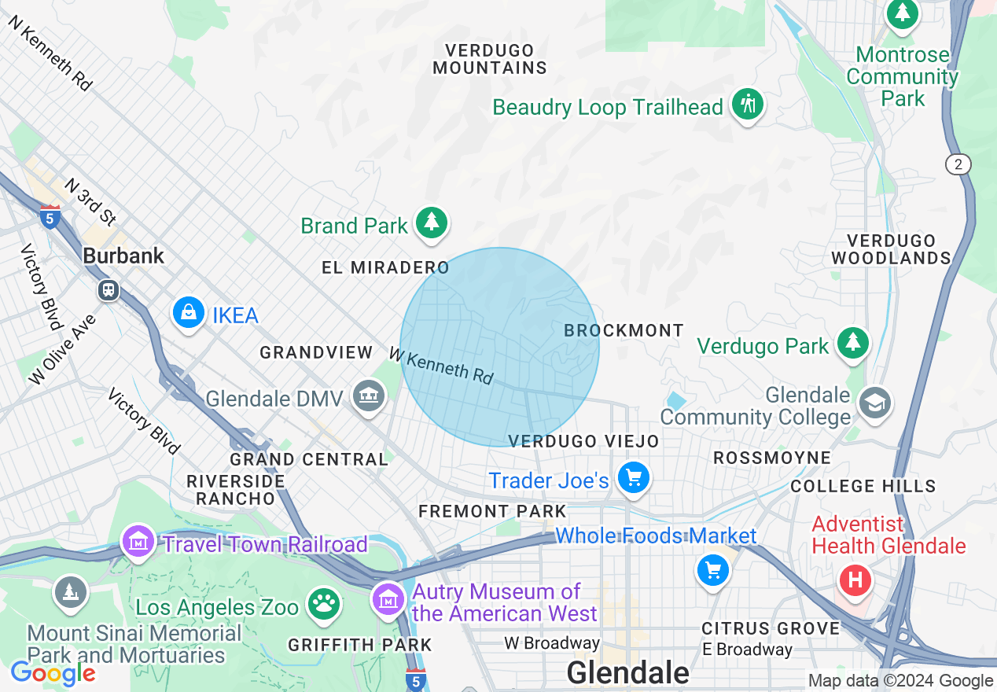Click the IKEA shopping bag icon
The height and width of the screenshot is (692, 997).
pos(189,313)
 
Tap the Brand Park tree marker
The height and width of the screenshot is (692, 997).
pos(431,223)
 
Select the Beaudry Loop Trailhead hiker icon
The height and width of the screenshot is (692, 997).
pos(747,104)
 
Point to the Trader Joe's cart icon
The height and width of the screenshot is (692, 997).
pos(633,478)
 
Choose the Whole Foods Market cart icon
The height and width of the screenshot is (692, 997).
pos(713,569)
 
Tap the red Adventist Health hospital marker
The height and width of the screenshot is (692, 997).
pos(855,581)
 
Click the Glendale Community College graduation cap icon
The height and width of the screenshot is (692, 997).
pos(874,403)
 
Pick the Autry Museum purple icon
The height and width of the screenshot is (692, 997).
pos(388,599)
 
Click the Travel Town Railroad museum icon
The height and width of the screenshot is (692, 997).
pos(139,542)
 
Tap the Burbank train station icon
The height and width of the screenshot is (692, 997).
pos(109,290)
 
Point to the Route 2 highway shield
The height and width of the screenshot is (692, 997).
pos(958,164)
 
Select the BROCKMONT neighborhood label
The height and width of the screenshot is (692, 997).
pos(624,331)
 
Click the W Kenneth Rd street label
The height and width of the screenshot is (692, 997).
pos(441,365)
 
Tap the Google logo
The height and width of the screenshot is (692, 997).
pos(53,674)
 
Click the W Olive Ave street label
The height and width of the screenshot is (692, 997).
pos(63,350)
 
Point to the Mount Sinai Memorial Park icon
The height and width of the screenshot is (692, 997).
pos(71,592)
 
